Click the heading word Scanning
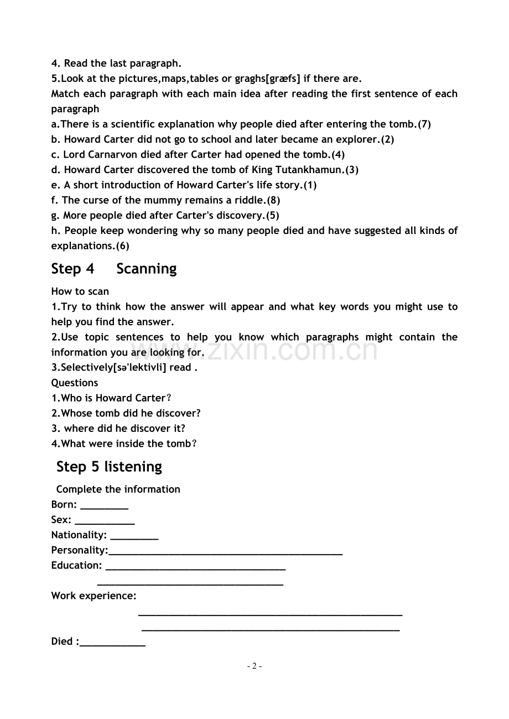click(147, 269)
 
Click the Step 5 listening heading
click(109, 467)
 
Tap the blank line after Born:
click(104, 506)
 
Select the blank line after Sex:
click(105, 521)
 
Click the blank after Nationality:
click(134, 536)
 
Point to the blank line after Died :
click(112, 643)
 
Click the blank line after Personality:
click(225, 551)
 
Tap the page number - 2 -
click(254, 666)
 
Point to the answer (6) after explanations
click(122, 246)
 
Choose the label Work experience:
click(94, 596)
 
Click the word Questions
click(75, 383)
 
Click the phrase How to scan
click(80, 291)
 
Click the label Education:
click(76, 565)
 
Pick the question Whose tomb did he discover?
click(126, 413)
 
